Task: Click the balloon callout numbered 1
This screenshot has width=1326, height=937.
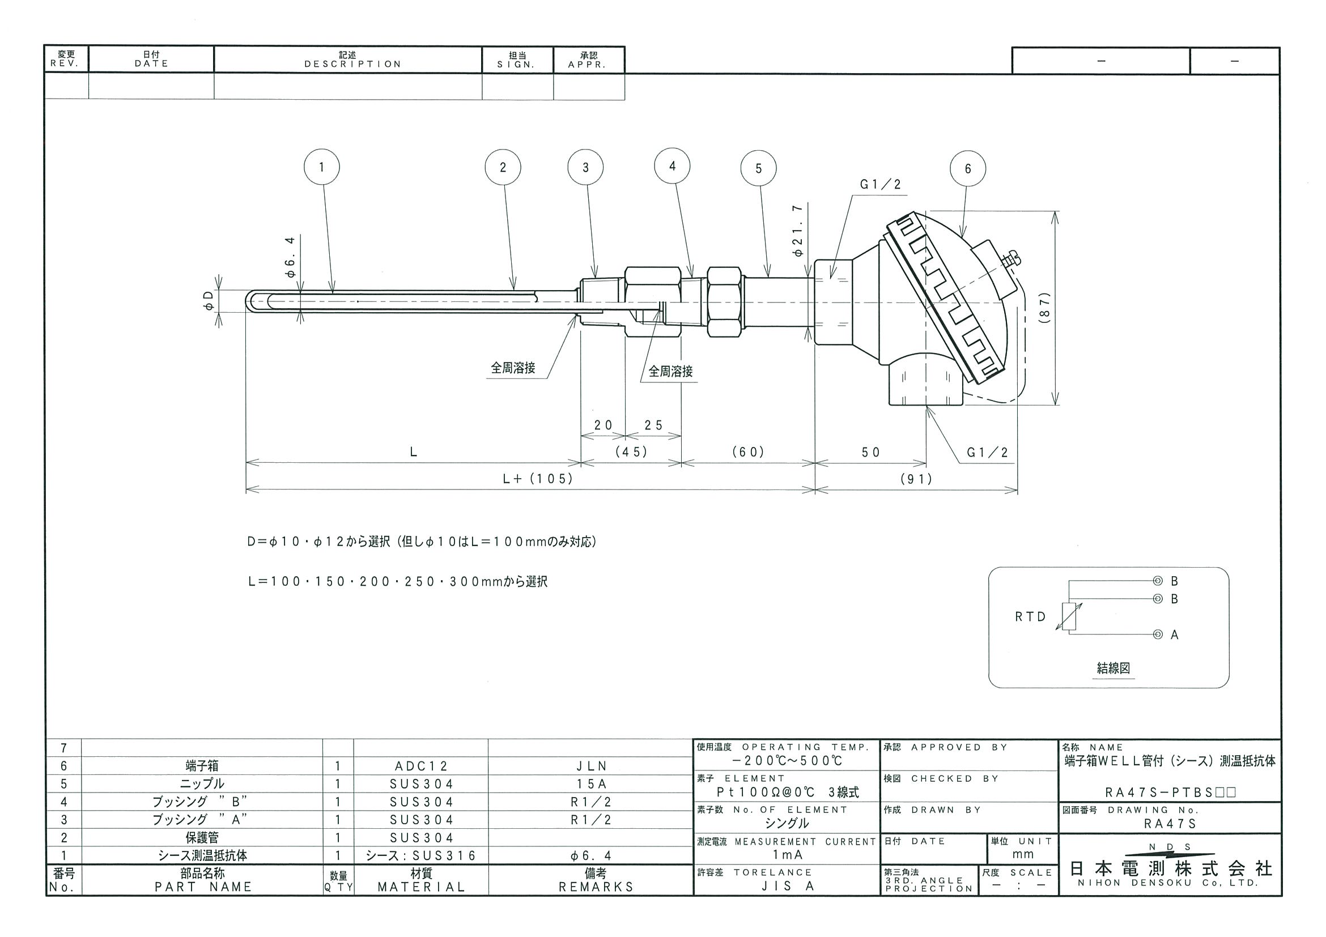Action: point(322,168)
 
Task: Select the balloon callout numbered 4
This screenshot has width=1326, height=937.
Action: point(672,167)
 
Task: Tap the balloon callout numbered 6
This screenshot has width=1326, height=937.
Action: point(968,169)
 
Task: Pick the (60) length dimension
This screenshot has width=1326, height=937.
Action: point(749,452)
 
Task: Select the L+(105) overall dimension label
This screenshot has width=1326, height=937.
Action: point(538,479)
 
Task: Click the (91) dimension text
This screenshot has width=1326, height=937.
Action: point(916,479)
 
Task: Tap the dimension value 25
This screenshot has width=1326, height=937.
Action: point(654,425)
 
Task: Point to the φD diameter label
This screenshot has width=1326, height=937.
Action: point(209,300)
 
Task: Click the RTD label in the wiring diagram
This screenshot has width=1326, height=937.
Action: point(1031,617)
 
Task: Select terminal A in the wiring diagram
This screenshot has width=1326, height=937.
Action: point(1157,635)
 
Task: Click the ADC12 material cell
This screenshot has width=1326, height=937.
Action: point(421,766)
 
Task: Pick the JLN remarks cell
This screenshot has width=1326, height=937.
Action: point(591,766)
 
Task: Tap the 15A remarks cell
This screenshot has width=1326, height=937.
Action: point(591,784)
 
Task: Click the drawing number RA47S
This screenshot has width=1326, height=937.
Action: point(1170,824)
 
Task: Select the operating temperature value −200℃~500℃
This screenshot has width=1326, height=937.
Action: point(786,760)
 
